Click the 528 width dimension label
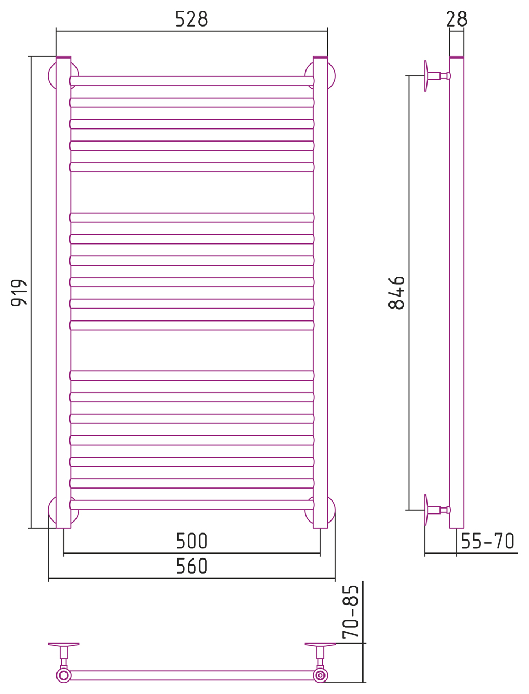[x=192, y=19]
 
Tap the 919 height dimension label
[x=19, y=293]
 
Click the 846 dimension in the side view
[x=397, y=292]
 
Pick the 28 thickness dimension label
[x=456, y=19]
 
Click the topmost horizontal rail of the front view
[x=192, y=81]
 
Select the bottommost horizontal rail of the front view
[x=192, y=505]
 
